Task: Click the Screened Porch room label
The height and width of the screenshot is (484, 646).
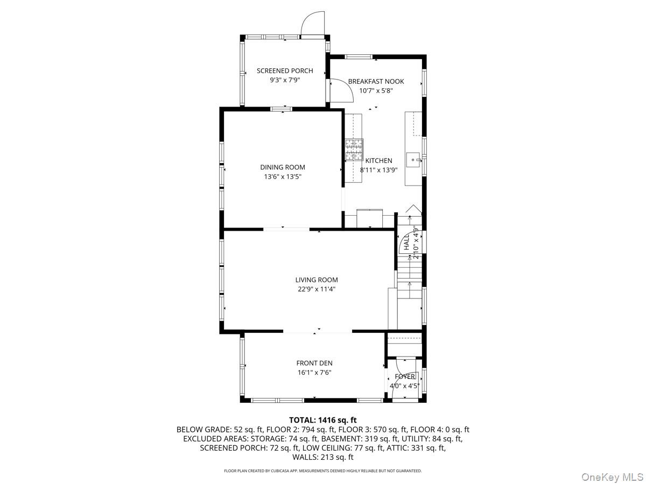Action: [x=284, y=70]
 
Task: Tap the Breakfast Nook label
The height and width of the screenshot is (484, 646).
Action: [x=376, y=81]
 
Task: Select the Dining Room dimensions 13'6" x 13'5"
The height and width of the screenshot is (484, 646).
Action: [x=283, y=176]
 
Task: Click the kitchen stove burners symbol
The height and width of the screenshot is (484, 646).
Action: [x=354, y=149]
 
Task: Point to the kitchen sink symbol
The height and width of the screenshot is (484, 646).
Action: [x=414, y=159]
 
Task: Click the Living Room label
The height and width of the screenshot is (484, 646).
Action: [x=317, y=280]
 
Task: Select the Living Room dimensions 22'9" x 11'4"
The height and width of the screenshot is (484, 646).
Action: [x=317, y=289]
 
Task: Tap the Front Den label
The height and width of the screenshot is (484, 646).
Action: [x=314, y=363]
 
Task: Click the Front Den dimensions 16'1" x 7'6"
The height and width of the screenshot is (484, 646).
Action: [x=314, y=372]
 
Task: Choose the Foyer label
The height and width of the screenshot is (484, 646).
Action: [x=405, y=376]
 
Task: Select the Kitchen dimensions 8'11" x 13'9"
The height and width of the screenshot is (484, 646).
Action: [x=379, y=170]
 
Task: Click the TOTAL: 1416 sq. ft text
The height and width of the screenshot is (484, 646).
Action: [x=323, y=420]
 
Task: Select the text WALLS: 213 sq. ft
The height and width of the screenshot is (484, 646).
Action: [x=323, y=457]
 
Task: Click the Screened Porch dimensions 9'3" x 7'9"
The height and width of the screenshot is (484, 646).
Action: [x=284, y=80]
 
